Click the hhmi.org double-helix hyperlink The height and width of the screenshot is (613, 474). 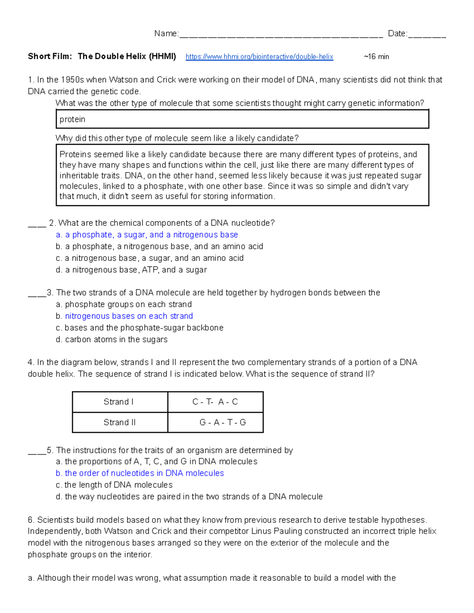(x=259, y=57)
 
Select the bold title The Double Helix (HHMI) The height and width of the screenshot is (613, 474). (x=127, y=56)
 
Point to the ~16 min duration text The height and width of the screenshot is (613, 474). (x=376, y=57)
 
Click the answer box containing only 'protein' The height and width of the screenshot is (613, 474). (x=242, y=119)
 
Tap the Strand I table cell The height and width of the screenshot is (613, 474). (x=120, y=402)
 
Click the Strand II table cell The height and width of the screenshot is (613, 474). (x=120, y=422)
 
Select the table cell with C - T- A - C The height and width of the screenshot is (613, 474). (x=215, y=402)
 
